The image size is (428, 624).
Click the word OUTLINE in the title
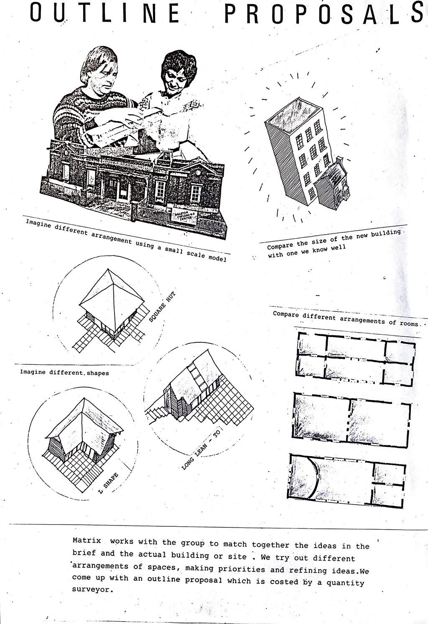click(x=104, y=13)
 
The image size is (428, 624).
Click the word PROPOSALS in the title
click(x=324, y=13)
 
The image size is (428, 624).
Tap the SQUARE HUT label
click(x=162, y=307)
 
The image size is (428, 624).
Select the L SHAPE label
click(x=108, y=483)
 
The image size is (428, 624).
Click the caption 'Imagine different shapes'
click(x=64, y=372)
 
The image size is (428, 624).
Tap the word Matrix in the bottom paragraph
click(x=87, y=541)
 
